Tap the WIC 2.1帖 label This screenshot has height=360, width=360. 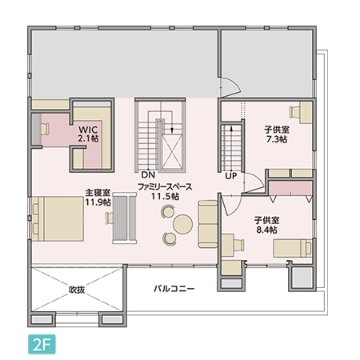pyautogui.click(x=89, y=133)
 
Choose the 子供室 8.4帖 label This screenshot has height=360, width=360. pyautogui.click(x=266, y=224)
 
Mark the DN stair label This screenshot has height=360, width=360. pyautogui.click(x=147, y=174)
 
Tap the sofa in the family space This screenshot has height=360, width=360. pyautogui.click(x=208, y=223)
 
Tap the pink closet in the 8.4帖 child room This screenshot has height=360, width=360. pyautogui.click(x=288, y=190)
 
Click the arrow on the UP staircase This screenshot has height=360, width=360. pyautogui.click(x=230, y=132)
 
